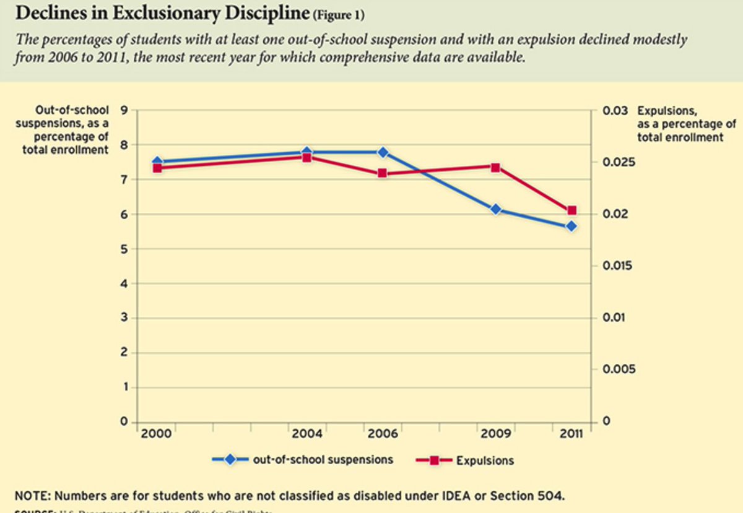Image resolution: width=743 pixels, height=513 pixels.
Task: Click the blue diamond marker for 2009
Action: click(x=495, y=209)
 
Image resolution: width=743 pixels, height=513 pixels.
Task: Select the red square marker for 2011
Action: click(x=571, y=210)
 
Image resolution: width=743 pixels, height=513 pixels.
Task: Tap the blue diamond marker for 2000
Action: click(x=157, y=162)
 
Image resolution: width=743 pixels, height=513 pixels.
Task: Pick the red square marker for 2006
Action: click(x=383, y=173)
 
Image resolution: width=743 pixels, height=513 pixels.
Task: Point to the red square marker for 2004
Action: click(x=306, y=157)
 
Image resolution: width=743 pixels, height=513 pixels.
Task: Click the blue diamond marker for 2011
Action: click(x=571, y=226)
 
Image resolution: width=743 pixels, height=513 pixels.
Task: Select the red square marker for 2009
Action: click(x=495, y=167)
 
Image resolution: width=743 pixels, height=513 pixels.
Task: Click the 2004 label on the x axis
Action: click(x=306, y=434)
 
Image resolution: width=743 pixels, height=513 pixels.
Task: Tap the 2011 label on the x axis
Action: click(x=570, y=434)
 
